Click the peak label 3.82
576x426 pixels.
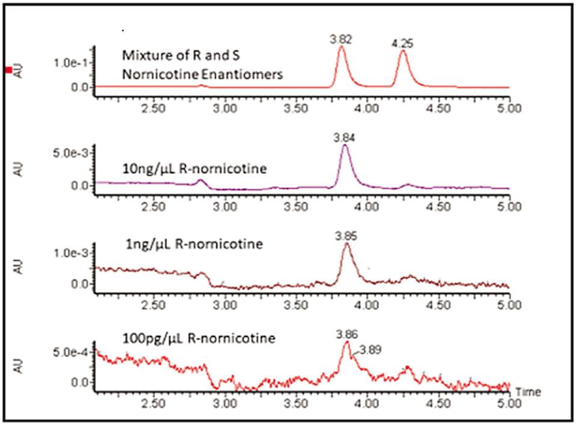click(341, 39)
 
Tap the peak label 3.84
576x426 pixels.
click(345, 138)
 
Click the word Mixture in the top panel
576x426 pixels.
click(141, 55)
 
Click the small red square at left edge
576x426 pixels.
click(8, 70)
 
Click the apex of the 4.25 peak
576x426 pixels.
click(403, 51)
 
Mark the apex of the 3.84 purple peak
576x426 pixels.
click(345, 145)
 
